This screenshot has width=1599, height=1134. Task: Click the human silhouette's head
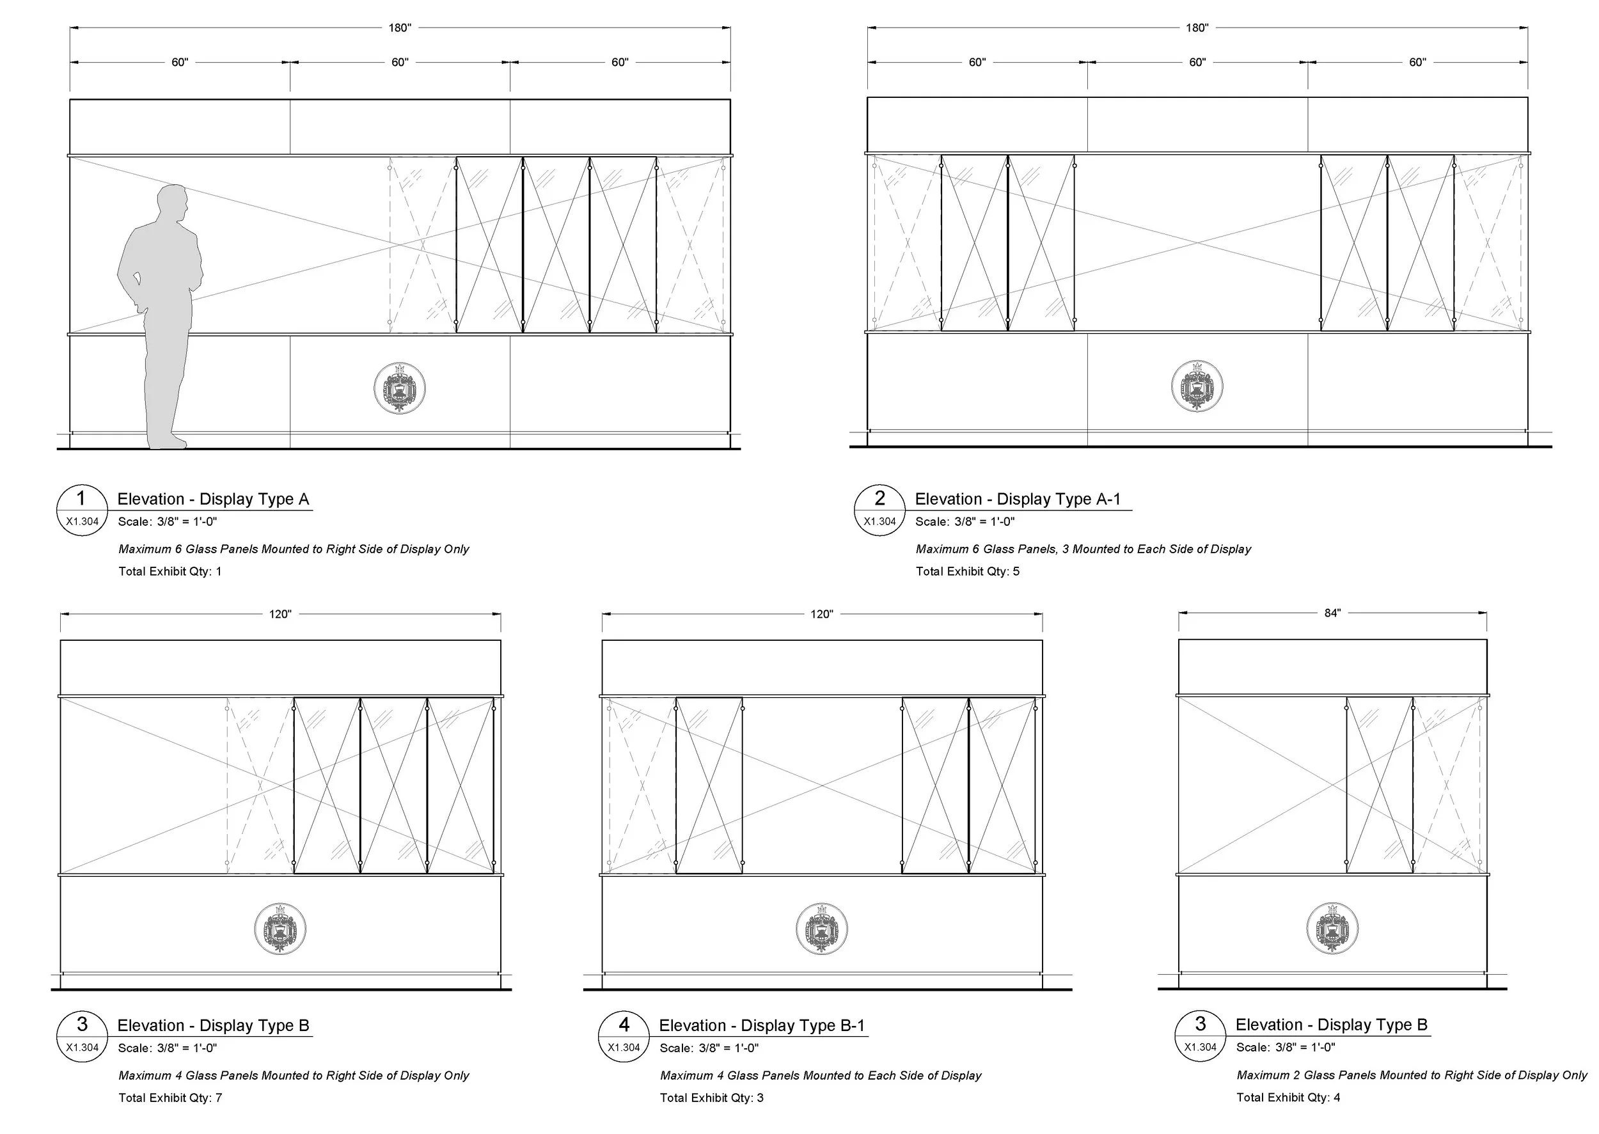click(172, 202)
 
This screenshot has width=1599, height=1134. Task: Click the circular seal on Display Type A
click(399, 388)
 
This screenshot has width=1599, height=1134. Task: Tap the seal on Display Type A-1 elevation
click(1197, 386)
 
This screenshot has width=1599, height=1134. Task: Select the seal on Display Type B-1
click(822, 929)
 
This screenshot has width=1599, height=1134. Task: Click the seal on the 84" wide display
click(1332, 928)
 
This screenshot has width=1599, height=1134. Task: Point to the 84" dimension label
click(1332, 613)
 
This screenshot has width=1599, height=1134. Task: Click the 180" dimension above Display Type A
click(399, 28)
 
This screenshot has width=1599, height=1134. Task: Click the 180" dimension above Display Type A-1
click(1197, 28)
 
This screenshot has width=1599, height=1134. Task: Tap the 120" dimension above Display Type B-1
click(822, 615)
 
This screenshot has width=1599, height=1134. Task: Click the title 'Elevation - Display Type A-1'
click(1018, 500)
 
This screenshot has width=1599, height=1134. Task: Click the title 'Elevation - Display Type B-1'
click(762, 1026)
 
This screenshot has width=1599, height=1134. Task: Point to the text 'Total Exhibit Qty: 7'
click(170, 1098)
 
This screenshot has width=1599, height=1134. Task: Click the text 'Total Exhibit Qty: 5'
click(967, 571)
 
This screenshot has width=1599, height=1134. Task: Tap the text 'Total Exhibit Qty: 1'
click(169, 571)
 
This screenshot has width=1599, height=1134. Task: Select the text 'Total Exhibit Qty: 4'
click(1288, 1097)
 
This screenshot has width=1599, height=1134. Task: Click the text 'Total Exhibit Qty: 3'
click(711, 1098)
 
